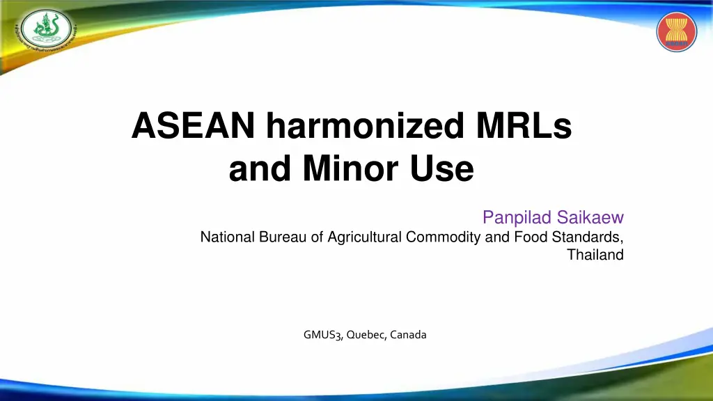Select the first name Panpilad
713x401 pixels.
pos(517,219)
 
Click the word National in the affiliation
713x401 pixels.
pos(228,237)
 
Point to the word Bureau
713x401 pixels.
pos(283,237)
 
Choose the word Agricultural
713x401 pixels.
pos(363,237)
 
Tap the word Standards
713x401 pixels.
pos(588,237)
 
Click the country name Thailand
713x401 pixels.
pos(595,255)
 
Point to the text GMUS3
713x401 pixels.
pos(322,335)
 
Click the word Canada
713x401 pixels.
pos(408,335)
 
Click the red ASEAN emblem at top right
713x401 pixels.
pos(676,32)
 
